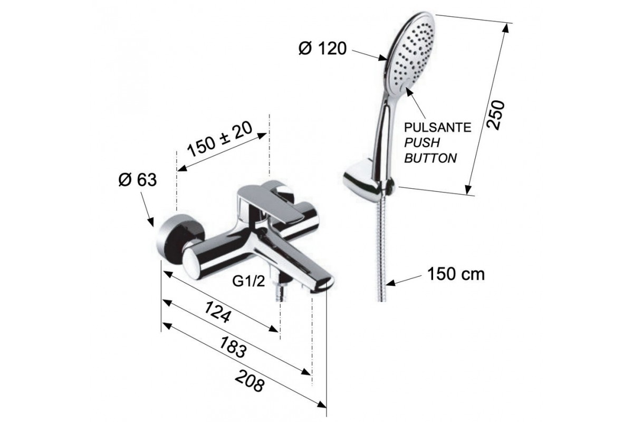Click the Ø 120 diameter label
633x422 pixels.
click(322, 49)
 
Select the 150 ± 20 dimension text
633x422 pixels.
click(220, 140)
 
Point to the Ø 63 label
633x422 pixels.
click(137, 179)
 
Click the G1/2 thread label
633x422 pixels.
click(248, 281)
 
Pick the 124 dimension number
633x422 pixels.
click(217, 312)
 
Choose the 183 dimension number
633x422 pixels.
click(233, 348)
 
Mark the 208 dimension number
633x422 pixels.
click(251, 381)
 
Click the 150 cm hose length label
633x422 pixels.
click(456, 274)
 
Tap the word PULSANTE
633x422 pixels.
click(437, 128)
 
